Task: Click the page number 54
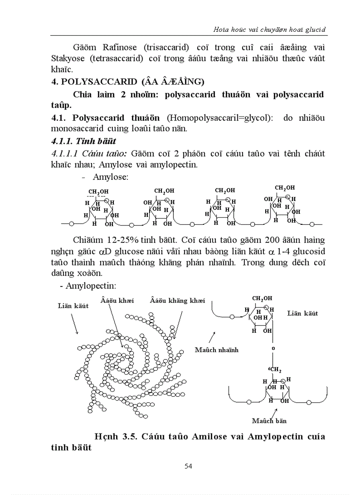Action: pos(188,466)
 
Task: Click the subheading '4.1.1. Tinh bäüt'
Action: pos(84,141)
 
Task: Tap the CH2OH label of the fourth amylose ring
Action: pos(284,188)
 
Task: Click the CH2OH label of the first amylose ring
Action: pos(98,191)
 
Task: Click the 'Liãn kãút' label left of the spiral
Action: pos(73,305)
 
